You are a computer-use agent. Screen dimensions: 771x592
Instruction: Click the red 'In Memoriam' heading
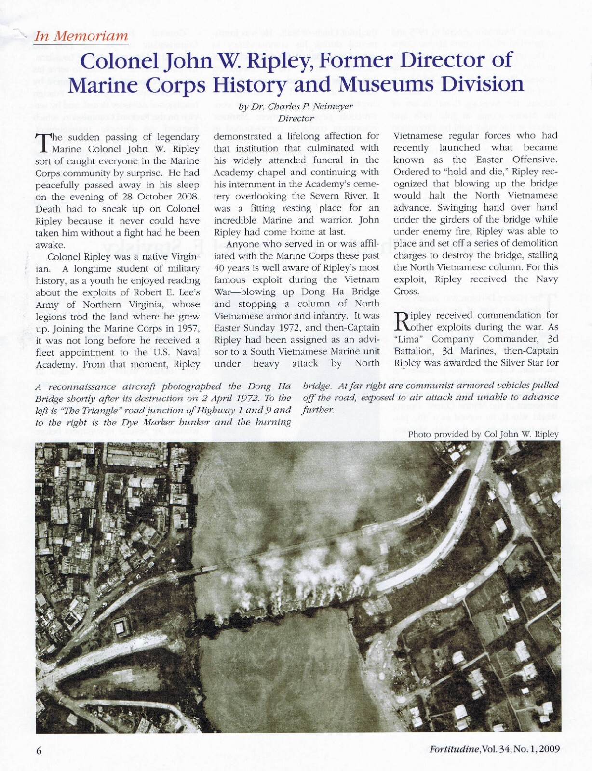[x=81, y=36]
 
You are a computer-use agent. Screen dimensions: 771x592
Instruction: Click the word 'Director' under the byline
[x=296, y=118]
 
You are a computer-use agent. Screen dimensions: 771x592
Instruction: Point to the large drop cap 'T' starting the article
[x=42, y=143]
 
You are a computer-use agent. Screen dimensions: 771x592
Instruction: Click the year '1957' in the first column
[x=187, y=328]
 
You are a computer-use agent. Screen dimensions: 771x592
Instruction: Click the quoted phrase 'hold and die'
[x=453, y=172]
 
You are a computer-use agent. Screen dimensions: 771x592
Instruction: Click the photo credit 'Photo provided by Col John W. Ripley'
[x=483, y=434]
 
